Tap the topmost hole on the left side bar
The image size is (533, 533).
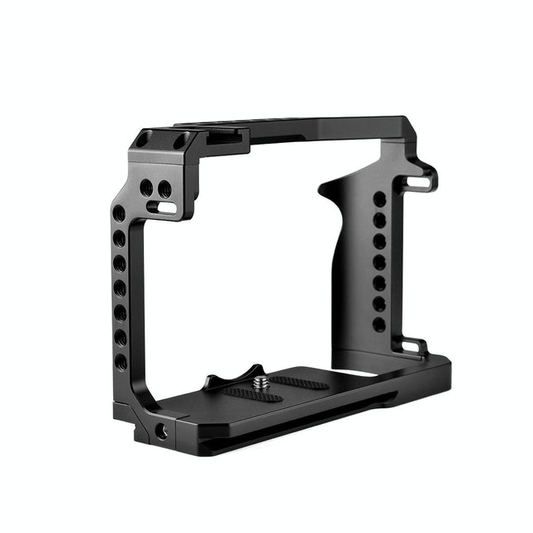(119, 214)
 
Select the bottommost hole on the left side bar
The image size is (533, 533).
(121, 362)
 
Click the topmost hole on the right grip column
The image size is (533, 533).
(379, 199)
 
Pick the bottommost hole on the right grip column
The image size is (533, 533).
(378, 325)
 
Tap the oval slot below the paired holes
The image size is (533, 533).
(165, 207)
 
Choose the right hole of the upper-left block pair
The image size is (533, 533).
(164, 188)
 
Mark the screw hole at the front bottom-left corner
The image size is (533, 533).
(161, 431)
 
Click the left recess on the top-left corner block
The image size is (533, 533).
(144, 140)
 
